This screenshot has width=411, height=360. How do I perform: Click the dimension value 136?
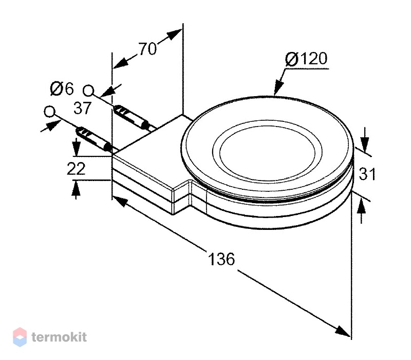[221, 259]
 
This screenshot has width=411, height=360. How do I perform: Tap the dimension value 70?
[147, 48]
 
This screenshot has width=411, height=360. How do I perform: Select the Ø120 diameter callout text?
[306, 59]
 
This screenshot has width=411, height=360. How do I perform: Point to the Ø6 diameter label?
[62, 88]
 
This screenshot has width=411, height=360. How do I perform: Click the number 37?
[82, 108]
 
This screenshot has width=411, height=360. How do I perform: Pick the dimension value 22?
[76, 169]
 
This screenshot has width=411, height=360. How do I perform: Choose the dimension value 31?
[367, 174]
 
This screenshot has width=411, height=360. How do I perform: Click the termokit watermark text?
[59, 337]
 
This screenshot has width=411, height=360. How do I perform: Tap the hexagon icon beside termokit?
[20, 337]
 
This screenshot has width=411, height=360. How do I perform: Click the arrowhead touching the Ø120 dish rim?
[279, 88]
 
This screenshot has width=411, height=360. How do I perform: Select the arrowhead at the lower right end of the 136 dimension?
[342, 331]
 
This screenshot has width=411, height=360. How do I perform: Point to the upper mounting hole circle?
[88, 91]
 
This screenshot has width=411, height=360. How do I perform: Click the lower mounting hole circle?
[49, 112]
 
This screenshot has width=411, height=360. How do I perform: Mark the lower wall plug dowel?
[94, 139]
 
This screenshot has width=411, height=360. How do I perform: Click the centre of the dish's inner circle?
[267, 152]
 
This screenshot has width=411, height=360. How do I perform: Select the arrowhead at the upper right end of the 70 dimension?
[175, 34]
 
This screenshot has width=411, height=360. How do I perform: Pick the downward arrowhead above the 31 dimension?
[365, 144]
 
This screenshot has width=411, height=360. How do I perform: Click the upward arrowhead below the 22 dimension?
[76, 188]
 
